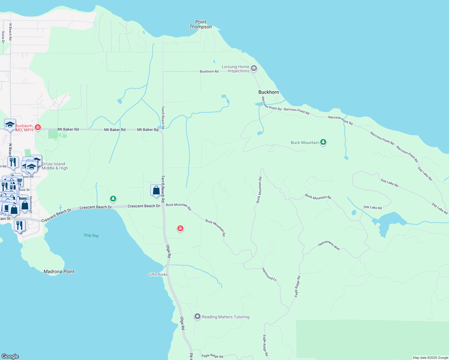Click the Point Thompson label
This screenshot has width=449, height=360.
(x=200, y=24)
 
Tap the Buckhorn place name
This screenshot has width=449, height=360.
(x=269, y=92)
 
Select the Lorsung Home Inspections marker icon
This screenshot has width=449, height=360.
(x=254, y=68)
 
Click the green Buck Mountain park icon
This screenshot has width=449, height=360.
(x=323, y=142)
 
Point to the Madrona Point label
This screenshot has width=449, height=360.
(x=59, y=271)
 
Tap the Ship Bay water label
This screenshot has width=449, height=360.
(x=91, y=235)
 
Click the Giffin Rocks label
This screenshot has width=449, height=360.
(x=158, y=274)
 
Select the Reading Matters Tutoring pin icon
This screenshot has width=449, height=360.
(x=197, y=316)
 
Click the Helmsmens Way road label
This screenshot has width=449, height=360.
(x=329, y=245)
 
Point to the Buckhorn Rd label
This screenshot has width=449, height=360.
(x=209, y=71)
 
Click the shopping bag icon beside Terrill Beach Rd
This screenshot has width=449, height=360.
(x=156, y=190)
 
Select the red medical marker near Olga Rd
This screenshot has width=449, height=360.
(x=180, y=229)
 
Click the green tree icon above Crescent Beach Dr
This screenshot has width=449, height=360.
(x=113, y=198)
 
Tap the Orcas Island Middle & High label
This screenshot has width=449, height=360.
(x=55, y=166)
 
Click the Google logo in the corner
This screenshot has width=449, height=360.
(x=10, y=356)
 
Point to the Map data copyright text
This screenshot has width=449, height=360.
(x=430, y=358)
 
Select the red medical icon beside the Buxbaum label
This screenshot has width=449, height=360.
(x=38, y=127)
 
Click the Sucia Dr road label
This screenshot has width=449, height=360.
(x=3, y=37)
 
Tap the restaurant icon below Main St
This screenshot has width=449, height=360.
(x=20, y=226)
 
